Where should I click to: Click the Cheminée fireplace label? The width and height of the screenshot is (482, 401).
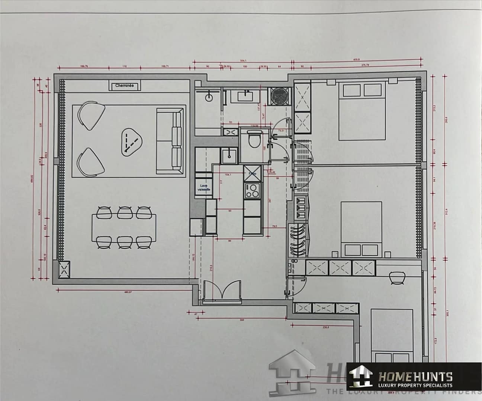(x=124, y=86)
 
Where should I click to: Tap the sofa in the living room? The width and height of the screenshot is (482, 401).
(x=171, y=141)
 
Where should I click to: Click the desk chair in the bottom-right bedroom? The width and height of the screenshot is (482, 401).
(x=396, y=277)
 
